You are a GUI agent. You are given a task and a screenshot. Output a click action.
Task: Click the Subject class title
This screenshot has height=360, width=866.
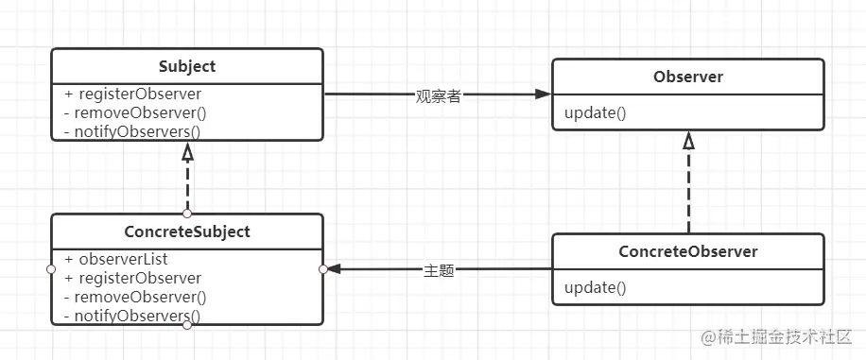(187, 66)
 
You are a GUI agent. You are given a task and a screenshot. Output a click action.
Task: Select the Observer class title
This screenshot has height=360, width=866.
(687, 77)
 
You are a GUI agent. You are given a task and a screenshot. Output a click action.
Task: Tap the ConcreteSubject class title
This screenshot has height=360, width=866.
(186, 231)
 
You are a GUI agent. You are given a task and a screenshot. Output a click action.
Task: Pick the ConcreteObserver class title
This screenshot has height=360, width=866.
(687, 251)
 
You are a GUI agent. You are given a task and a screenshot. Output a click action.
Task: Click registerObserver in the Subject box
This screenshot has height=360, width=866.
(132, 94)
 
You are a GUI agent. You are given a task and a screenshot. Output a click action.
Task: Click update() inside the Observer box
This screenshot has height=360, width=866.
(595, 113)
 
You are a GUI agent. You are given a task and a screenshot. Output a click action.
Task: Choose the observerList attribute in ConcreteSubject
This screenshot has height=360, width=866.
(117, 259)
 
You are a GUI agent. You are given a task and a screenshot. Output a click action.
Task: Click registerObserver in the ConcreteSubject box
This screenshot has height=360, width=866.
(132, 278)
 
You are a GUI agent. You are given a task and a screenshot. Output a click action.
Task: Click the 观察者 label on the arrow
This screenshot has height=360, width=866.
(438, 95)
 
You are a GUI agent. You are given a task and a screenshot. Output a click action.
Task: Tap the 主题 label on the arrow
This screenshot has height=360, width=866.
(439, 270)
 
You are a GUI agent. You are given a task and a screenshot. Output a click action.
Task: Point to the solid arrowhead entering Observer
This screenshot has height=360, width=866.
(542, 94)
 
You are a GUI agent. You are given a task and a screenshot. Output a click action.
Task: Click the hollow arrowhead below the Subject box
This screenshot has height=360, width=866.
(187, 151)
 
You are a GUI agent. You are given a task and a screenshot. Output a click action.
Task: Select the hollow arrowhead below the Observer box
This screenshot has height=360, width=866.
(688, 141)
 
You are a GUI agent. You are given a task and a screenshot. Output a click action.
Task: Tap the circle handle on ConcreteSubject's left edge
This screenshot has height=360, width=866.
(51, 269)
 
